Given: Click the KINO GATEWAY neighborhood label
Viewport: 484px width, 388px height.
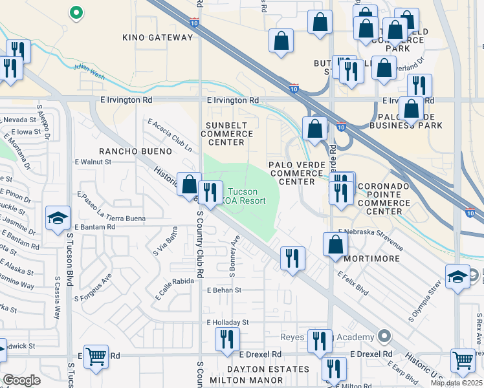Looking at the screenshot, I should click(158, 38).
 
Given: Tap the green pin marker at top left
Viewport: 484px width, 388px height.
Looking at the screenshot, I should click(76, 12).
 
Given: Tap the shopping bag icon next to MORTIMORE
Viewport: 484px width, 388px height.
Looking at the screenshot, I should click(336, 244).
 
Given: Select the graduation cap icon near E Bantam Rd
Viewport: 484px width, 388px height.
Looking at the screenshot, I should click(58, 219).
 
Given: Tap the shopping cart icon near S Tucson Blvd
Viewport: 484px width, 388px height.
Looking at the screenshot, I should click(96, 355).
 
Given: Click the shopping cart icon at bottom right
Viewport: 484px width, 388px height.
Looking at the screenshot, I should click(463, 361).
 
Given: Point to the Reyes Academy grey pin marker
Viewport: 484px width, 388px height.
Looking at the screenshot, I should click(384, 336).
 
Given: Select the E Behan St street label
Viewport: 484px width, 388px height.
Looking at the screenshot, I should click(224, 290).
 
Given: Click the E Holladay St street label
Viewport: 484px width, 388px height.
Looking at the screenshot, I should click(228, 321).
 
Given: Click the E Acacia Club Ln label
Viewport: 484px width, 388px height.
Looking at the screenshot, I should click(170, 134).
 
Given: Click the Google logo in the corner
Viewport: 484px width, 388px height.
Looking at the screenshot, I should click(21, 380).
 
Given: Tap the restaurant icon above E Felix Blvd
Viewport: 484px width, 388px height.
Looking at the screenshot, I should click(292, 258).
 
